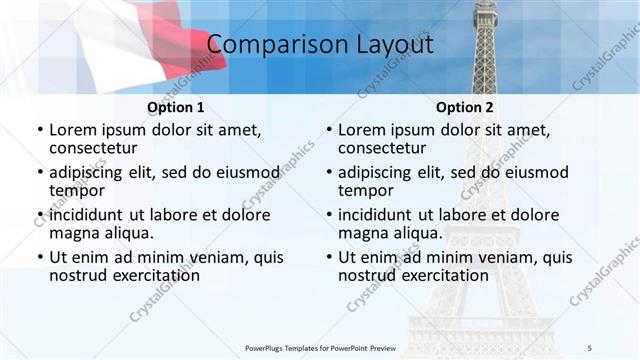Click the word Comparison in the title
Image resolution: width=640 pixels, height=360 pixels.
point(269,45)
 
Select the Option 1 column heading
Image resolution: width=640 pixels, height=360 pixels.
point(176,107)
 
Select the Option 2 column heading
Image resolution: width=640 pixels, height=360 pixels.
point(465,107)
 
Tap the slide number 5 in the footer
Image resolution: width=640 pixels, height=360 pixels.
point(590,347)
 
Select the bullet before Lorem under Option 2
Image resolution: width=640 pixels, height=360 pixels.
point(328,130)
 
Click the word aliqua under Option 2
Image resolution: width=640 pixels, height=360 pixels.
point(418,233)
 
